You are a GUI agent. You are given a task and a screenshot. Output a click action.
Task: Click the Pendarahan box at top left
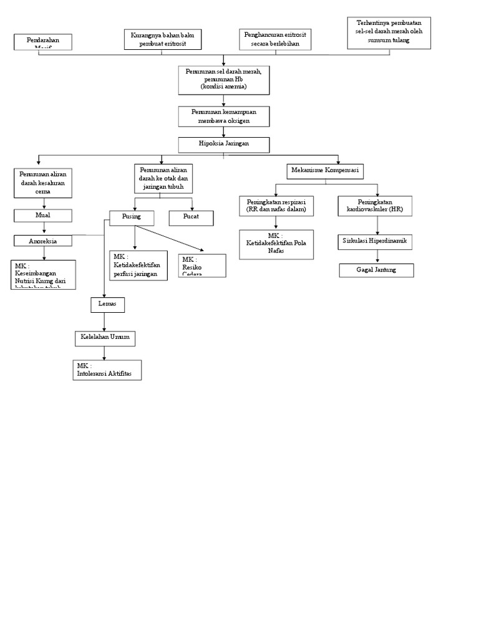[x=43, y=42]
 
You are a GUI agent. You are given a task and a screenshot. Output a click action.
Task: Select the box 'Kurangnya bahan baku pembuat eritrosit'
[x=163, y=39]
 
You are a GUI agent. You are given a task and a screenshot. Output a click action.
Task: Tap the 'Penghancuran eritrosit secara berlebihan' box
[x=276, y=39]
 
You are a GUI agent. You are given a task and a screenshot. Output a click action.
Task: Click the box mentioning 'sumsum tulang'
[x=389, y=32]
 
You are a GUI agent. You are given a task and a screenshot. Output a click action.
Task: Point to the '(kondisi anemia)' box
[x=224, y=80]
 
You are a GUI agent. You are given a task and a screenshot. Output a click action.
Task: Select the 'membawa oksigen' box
[x=224, y=117]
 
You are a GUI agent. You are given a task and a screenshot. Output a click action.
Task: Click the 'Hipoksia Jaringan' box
[x=224, y=145]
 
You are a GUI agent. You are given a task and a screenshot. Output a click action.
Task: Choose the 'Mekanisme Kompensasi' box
[x=325, y=170]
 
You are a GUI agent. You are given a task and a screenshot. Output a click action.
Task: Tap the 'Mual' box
[x=43, y=216]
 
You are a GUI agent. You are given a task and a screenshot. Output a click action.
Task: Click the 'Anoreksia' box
[x=43, y=240]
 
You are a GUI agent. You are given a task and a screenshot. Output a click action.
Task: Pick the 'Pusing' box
[x=132, y=217]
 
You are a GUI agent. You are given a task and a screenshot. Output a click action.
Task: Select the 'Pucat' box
[x=191, y=217]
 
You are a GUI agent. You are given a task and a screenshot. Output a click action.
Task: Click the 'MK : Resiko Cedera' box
[x=202, y=265]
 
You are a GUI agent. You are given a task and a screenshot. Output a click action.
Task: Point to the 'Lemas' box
[x=107, y=305]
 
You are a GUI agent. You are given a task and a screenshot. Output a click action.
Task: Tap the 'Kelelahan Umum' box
[x=104, y=338]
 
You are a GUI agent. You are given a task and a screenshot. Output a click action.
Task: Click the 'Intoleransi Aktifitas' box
[x=107, y=369]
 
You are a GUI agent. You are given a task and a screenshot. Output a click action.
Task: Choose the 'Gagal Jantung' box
[x=377, y=270]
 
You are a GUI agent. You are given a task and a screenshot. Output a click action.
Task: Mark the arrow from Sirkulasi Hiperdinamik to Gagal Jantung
[x=377, y=256]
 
